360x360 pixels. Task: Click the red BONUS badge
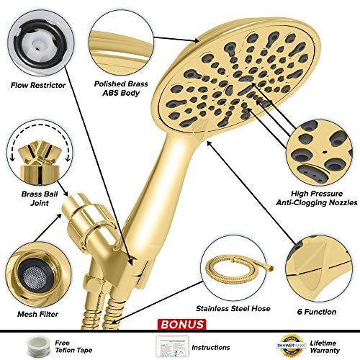[x=181, y=325]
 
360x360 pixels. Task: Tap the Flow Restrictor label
[x=38, y=85]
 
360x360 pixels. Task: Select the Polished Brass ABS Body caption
[x=121, y=89]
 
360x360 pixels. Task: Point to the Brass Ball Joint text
[x=40, y=198]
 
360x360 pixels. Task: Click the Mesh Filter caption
[x=37, y=314]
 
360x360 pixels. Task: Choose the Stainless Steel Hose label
[x=233, y=308]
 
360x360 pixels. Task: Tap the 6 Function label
[x=317, y=312]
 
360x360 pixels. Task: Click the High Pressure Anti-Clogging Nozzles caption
[x=317, y=198]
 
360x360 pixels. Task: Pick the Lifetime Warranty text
[x=325, y=346]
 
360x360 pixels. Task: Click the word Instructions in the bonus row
[x=211, y=347]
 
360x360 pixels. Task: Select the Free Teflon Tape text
[x=73, y=346]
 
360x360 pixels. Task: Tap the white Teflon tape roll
[x=38, y=346]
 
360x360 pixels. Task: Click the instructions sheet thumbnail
[x=172, y=346]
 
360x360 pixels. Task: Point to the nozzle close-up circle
[x=320, y=153]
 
